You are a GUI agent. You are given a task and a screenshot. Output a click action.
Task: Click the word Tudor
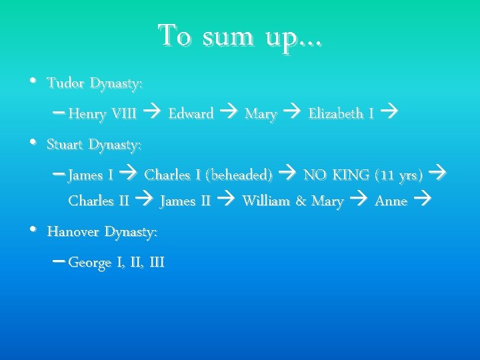click(x=65, y=84)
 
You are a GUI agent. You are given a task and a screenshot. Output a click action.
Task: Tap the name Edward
click(x=191, y=114)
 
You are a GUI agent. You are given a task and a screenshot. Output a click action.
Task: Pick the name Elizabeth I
click(x=341, y=114)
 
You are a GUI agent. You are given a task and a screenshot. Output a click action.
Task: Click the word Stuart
click(x=66, y=144)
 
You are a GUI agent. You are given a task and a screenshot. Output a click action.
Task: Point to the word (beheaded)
click(x=239, y=175)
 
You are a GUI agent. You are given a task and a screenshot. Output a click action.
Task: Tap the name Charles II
click(x=99, y=201)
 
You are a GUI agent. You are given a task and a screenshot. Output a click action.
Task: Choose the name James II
click(x=185, y=201)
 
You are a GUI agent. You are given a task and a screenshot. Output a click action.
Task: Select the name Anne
click(x=391, y=201)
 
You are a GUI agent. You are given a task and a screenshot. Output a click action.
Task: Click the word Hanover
click(x=73, y=232)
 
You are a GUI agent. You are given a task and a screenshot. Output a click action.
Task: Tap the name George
click(x=90, y=263)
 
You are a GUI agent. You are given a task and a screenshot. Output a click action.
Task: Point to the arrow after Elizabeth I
click(x=391, y=113)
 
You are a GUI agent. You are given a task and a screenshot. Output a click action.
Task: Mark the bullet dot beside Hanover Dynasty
click(x=33, y=230)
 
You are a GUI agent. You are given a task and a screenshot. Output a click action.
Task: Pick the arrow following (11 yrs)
click(x=437, y=175)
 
